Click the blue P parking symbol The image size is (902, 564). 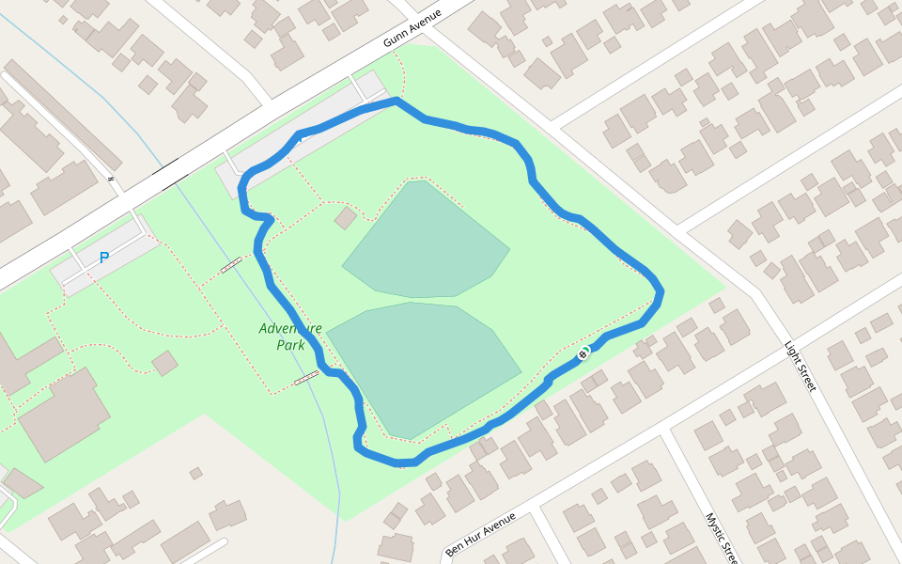104,258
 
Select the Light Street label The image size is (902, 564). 800,366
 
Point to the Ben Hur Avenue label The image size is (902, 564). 480,533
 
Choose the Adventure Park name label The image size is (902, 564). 290,337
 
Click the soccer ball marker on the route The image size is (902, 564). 583,353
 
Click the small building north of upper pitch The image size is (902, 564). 346,218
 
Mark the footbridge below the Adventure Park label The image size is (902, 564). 305,378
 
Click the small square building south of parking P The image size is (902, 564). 165,363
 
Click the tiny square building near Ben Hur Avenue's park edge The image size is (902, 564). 195,474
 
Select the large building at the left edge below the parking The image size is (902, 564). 64,415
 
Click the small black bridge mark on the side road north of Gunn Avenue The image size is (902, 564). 111,178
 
